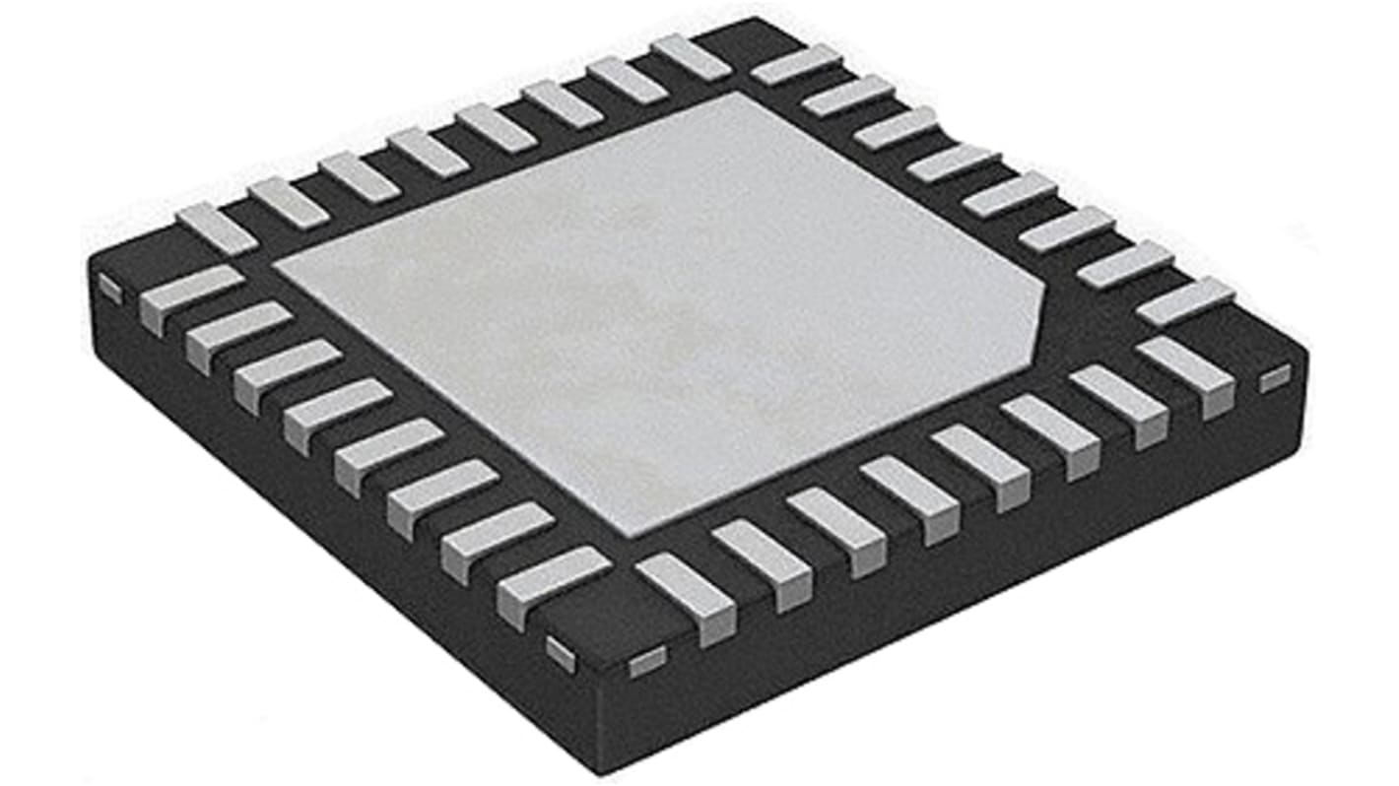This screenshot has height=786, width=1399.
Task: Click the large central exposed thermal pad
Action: click(x=650, y=305)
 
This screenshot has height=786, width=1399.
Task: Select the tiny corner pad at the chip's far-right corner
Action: click(x=1274, y=377)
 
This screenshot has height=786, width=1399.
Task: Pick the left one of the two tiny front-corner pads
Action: click(x=561, y=653)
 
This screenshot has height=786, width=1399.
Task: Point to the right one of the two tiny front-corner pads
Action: click(x=646, y=660)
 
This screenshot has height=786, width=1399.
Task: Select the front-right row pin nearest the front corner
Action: click(x=686, y=595)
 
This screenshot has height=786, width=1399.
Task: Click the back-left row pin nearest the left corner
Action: click(x=217, y=228)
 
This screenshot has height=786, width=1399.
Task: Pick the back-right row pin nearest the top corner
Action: click(x=796, y=64)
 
